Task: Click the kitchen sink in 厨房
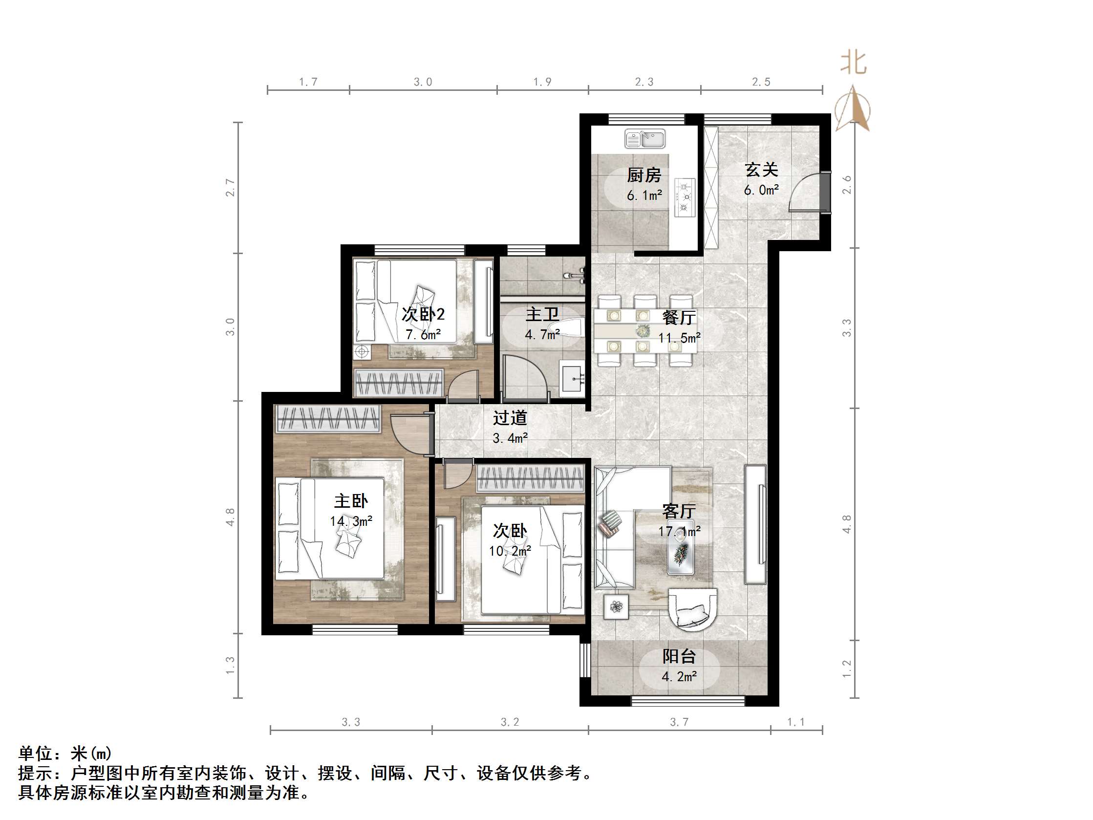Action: click(x=644, y=138)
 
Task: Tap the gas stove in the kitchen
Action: click(x=685, y=197)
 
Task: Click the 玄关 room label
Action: click(x=761, y=170)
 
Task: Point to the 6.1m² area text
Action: click(x=644, y=196)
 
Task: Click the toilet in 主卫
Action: click(x=571, y=328)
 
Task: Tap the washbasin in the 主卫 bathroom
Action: click(x=572, y=378)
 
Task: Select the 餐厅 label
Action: click(x=679, y=317)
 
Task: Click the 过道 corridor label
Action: click(x=510, y=418)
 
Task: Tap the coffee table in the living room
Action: click(x=681, y=547)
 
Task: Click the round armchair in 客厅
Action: click(x=692, y=609)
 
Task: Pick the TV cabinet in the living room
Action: click(x=755, y=524)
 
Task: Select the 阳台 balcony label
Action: click(x=679, y=656)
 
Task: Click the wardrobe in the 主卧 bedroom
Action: click(x=327, y=419)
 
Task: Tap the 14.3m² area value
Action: click(x=351, y=521)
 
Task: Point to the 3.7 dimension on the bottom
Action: click(x=679, y=722)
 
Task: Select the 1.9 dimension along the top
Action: click(x=542, y=82)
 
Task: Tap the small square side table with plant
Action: click(x=616, y=606)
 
